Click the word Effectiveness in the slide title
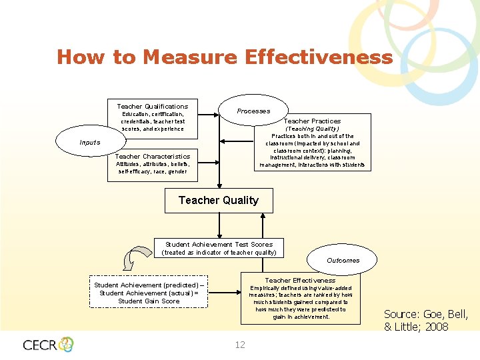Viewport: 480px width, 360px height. (319, 57)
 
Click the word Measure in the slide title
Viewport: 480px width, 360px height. (189, 57)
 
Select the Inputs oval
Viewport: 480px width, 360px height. (89, 142)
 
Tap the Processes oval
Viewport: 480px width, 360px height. (253, 111)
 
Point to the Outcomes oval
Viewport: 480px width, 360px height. (343, 260)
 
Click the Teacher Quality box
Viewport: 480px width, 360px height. (219, 201)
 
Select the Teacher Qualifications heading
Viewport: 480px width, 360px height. (153, 106)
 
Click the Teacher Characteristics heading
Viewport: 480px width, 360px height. (153, 157)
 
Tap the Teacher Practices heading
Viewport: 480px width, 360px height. (312, 121)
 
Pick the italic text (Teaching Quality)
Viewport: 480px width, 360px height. (312, 129)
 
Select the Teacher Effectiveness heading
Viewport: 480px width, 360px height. (300, 281)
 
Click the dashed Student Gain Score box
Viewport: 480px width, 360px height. (149, 293)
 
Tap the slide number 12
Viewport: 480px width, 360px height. (240, 345)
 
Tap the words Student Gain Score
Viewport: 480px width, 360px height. (149, 301)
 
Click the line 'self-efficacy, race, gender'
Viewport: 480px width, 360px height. (153, 171)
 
